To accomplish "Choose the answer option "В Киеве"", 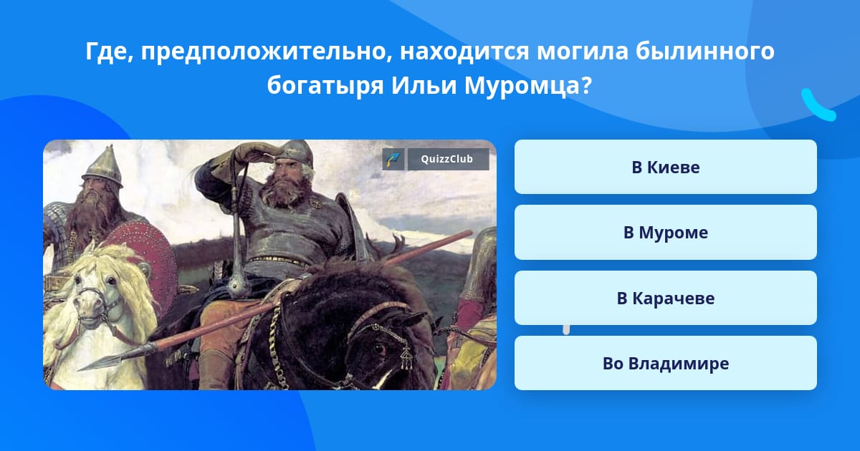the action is click(x=665, y=167).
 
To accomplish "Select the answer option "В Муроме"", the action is click(x=665, y=233).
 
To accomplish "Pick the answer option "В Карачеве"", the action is click(x=665, y=298).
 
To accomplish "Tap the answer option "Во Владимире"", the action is click(x=665, y=363).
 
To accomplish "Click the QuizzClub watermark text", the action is click(x=447, y=159).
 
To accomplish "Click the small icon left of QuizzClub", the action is click(x=393, y=159).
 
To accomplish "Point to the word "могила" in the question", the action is click(x=583, y=52).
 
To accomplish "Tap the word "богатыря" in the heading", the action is click(x=325, y=86).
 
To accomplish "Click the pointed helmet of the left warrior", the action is click(x=103, y=165).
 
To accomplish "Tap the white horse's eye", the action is click(x=111, y=281).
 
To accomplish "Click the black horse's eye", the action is click(x=379, y=349).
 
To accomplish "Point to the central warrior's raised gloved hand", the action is click(x=254, y=152).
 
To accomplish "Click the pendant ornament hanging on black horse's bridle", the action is click(x=406, y=359).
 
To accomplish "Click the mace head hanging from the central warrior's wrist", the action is click(x=239, y=286).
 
